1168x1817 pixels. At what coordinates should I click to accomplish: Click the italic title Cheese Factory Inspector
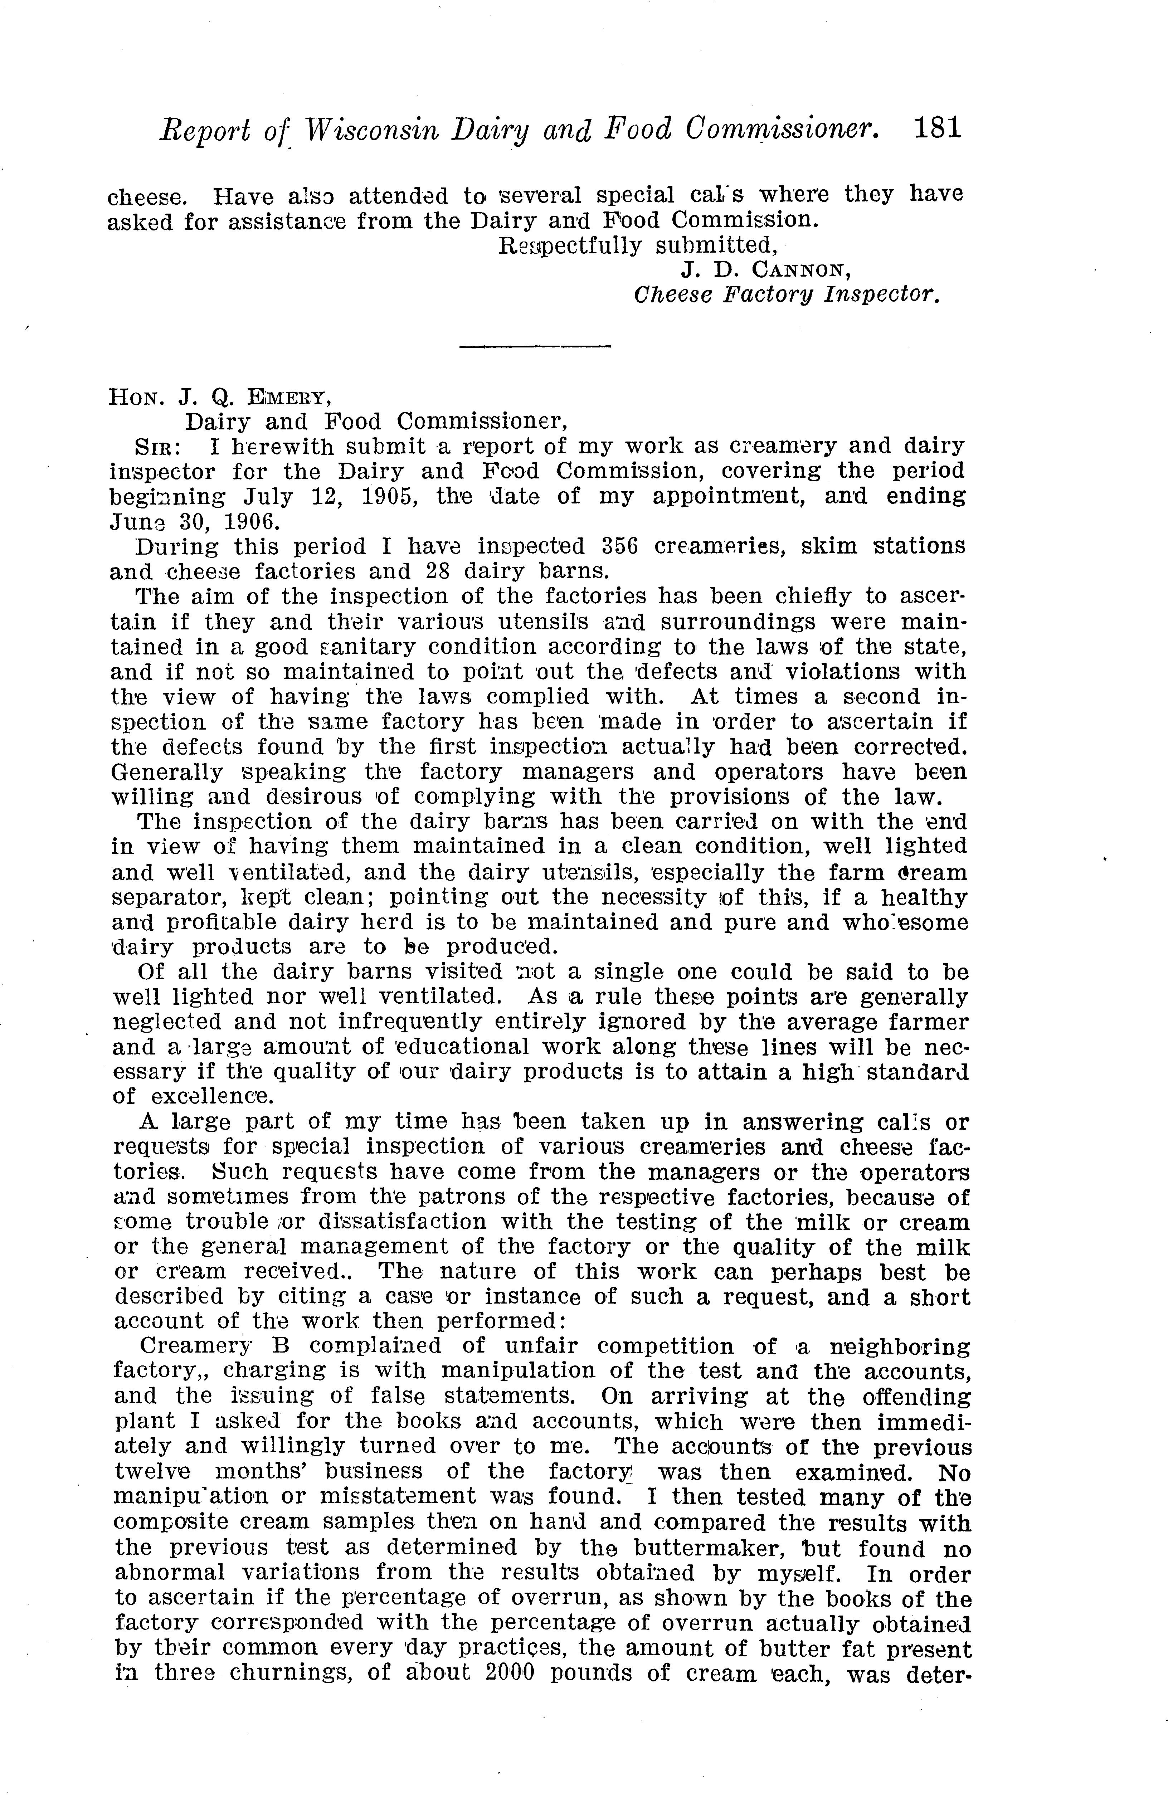coord(787,294)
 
